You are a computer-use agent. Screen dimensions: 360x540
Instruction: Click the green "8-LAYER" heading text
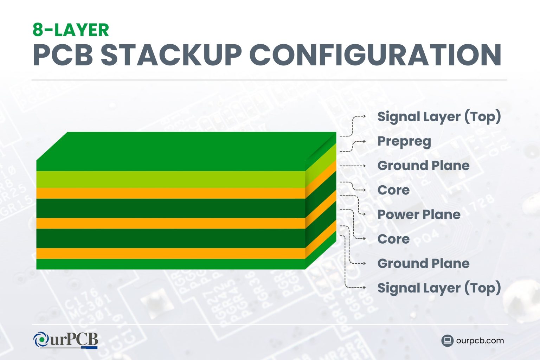[71, 30]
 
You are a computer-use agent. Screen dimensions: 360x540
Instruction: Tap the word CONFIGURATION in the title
[375, 55]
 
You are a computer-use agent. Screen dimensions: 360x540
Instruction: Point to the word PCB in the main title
[63, 55]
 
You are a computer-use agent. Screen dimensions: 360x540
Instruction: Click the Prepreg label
[404, 141]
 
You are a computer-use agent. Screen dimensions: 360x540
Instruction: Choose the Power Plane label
[419, 214]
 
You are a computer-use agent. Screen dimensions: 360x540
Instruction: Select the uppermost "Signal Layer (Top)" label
[439, 117]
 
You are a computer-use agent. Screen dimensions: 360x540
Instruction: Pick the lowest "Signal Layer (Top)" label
[439, 288]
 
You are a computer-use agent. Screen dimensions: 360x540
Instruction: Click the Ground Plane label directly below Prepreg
[423, 166]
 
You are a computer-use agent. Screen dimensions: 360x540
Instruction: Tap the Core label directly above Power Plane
[393, 190]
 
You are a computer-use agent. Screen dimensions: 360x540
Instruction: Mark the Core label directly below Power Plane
[393, 239]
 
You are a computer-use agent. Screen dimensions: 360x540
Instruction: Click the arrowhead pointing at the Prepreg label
[364, 141]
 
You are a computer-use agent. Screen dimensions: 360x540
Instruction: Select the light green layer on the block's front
[171, 179]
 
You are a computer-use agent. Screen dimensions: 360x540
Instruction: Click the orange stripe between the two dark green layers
[171, 223]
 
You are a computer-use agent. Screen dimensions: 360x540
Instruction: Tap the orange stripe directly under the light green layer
[171, 193]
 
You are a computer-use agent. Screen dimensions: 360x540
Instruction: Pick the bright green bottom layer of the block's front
[171, 264]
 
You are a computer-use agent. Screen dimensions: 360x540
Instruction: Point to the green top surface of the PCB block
[186, 151]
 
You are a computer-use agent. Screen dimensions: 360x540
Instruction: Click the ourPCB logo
[65, 340]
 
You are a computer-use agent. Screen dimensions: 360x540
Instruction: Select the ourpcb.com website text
[480, 341]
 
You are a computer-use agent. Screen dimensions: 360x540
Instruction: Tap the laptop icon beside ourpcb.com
[447, 341]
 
